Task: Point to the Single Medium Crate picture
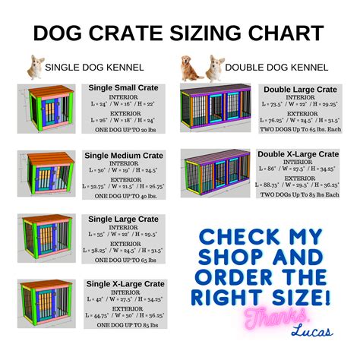(47, 172)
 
